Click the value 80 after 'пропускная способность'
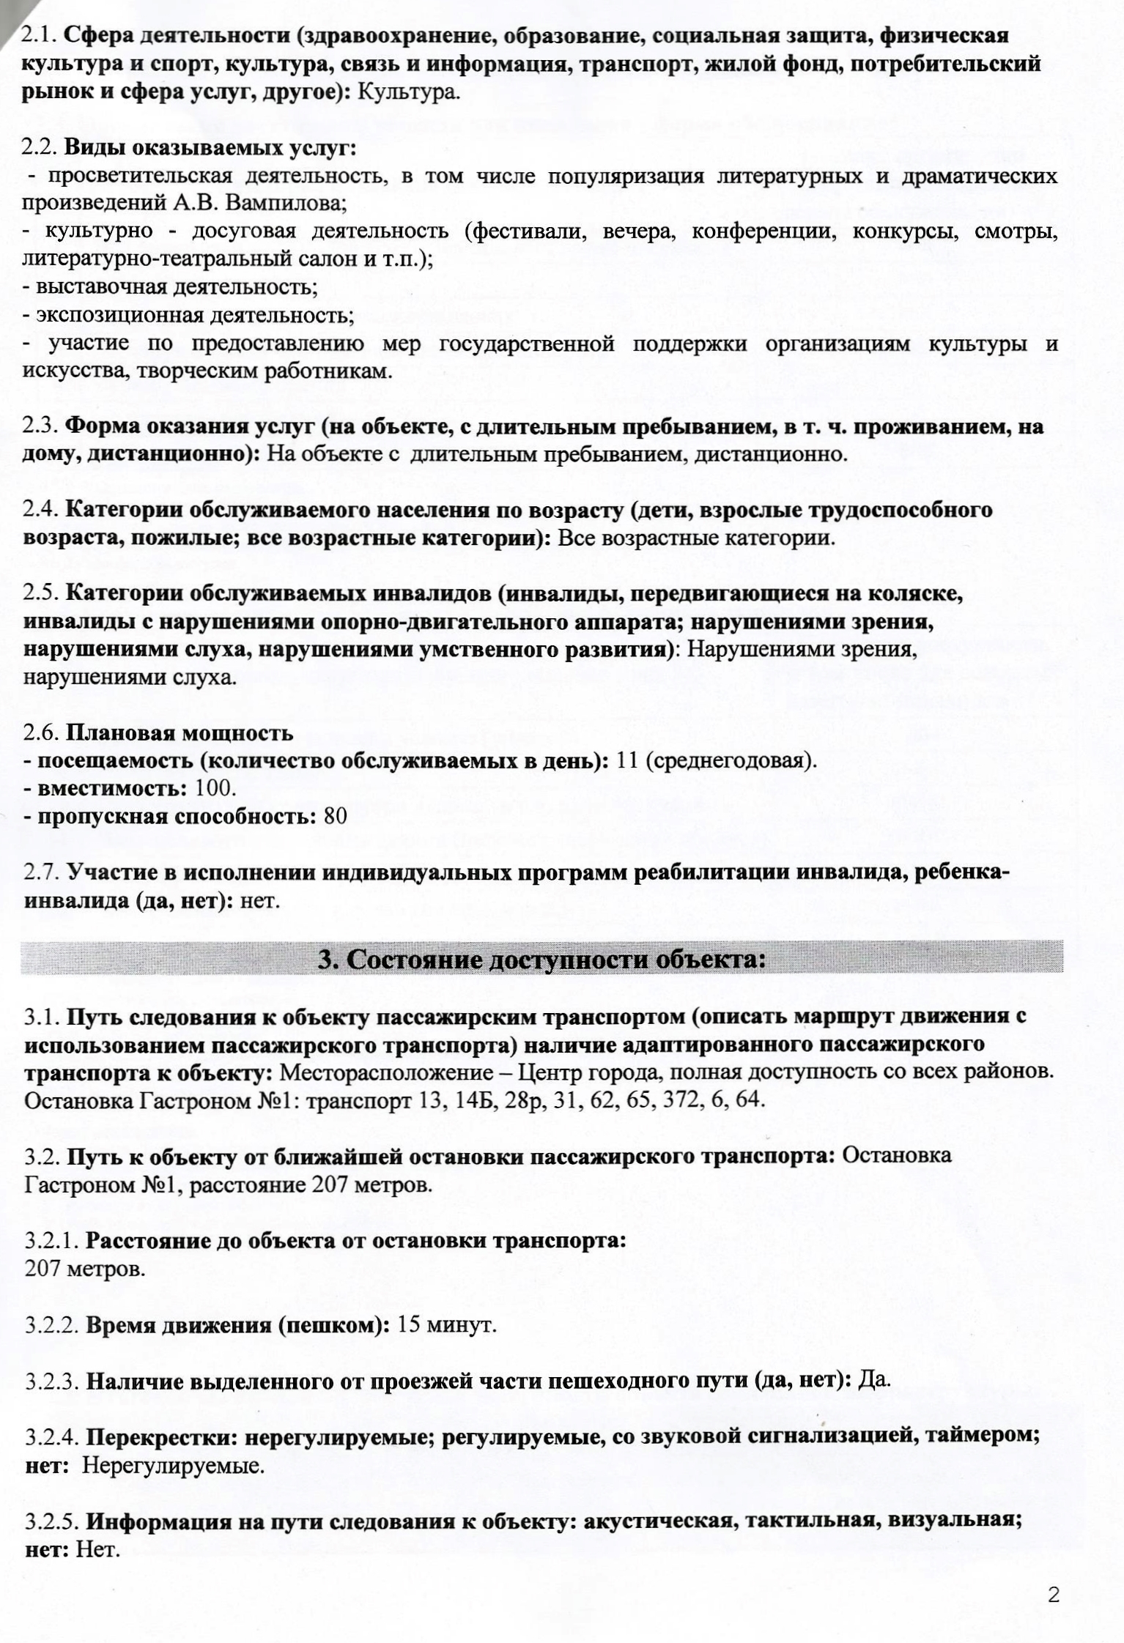coord(335,815)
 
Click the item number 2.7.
coord(42,873)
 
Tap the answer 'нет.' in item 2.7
coord(261,900)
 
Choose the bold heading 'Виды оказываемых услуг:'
coord(210,148)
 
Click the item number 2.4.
coord(42,510)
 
